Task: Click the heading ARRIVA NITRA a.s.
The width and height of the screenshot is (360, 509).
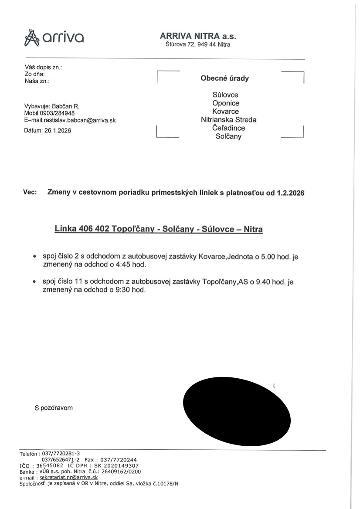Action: (x=198, y=37)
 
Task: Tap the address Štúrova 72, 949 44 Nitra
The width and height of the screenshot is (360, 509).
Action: (x=198, y=44)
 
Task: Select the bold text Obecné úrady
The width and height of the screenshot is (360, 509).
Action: (x=224, y=78)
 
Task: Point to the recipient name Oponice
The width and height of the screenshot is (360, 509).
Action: (x=226, y=103)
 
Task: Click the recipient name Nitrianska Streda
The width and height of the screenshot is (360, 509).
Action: (x=228, y=120)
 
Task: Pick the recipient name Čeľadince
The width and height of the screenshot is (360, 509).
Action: (x=228, y=128)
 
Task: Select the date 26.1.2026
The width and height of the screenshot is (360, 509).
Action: (x=58, y=131)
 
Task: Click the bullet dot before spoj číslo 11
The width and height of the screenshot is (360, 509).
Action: (x=34, y=282)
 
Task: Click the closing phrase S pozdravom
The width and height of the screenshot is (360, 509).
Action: (x=54, y=408)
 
